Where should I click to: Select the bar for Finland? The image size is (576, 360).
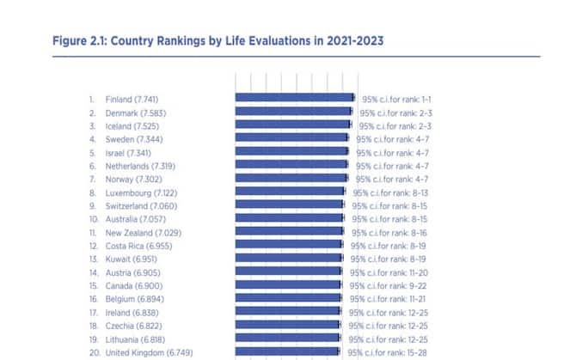coord(294,98)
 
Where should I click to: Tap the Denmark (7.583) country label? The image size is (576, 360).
coord(136,112)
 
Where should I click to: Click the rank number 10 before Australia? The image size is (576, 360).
coord(91,219)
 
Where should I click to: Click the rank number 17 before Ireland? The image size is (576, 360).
coord(91,313)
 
